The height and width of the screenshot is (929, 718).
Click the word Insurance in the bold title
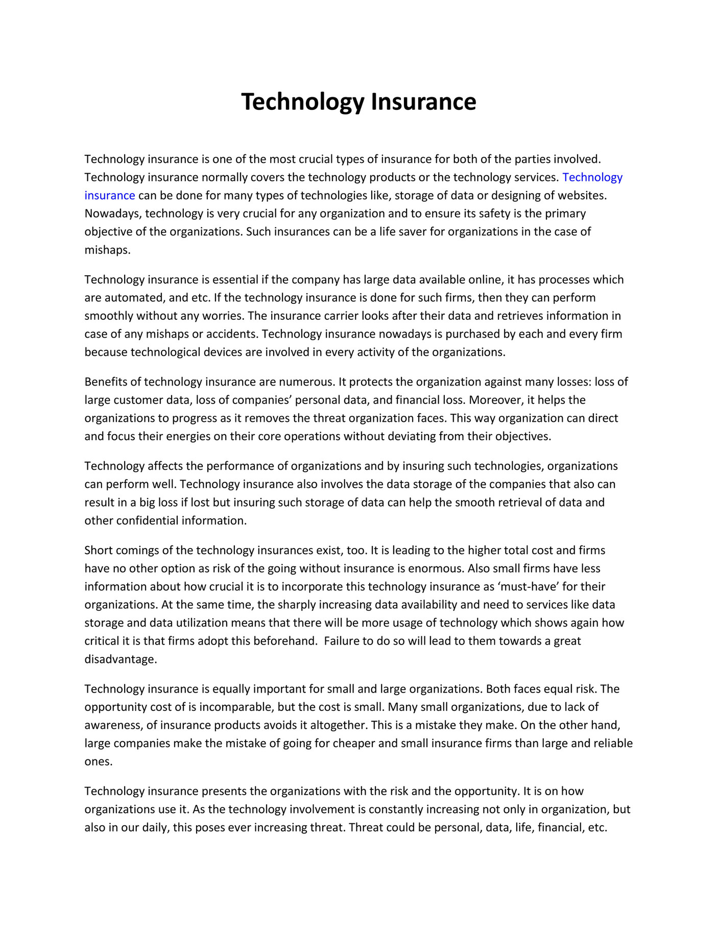point(423,102)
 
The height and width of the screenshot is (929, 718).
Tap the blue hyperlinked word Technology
point(592,177)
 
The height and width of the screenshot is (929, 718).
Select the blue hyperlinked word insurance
point(110,196)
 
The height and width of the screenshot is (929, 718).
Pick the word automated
point(134,298)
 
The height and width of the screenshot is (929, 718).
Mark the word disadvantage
point(121,659)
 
